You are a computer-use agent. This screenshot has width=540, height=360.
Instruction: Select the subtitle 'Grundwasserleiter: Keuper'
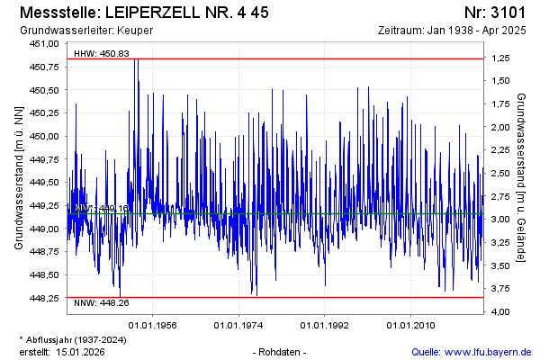tap(85, 31)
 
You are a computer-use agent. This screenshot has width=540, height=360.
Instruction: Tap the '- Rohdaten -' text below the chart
tap(281, 351)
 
